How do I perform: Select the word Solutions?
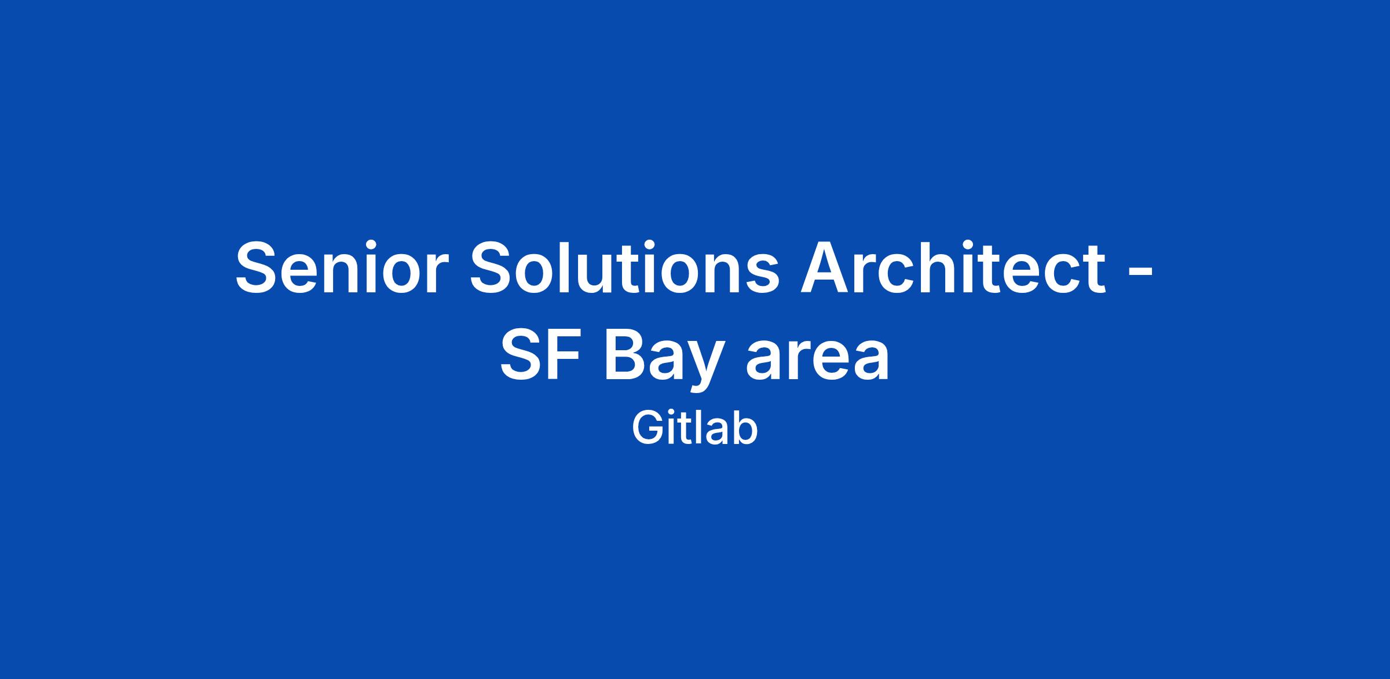[625, 267]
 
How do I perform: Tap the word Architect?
[953, 267]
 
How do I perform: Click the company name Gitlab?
[694, 428]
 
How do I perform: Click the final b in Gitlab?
[744, 428]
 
